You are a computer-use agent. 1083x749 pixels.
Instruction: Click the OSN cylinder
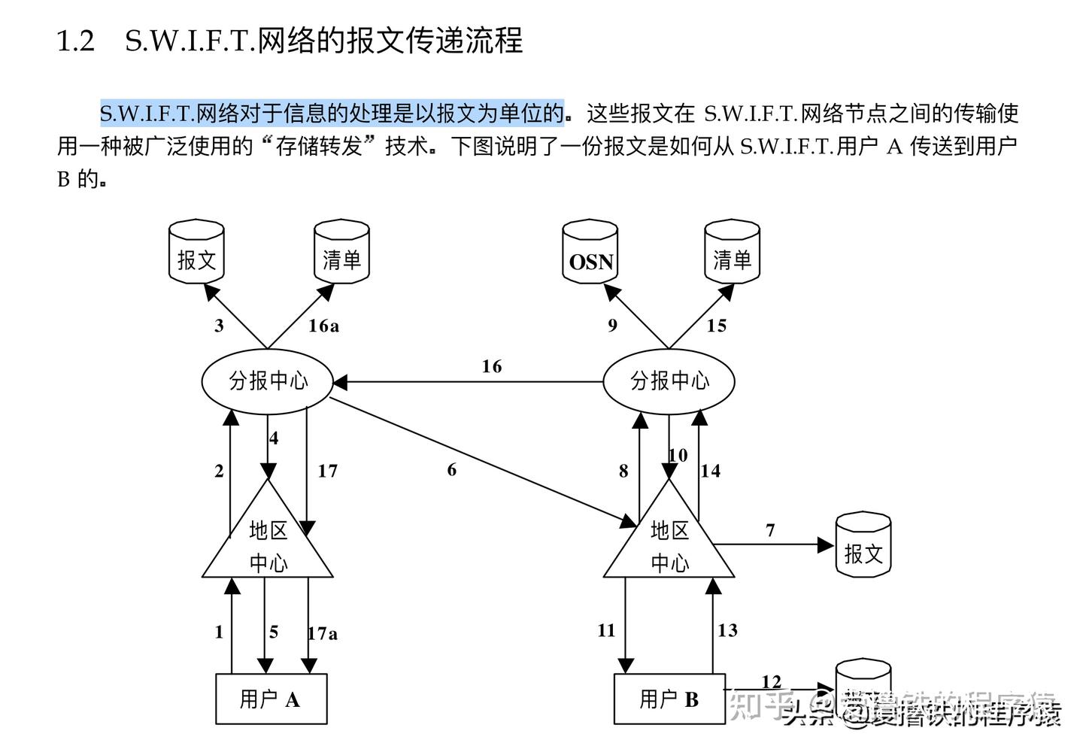tap(590, 253)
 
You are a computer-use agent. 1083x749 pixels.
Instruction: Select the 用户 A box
tap(271, 699)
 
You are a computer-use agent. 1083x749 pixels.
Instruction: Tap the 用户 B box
tap(669, 699)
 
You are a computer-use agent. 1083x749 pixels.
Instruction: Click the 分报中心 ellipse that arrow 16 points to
tap(268, 381)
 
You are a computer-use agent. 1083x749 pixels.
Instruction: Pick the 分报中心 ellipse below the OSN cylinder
tap(669, 381)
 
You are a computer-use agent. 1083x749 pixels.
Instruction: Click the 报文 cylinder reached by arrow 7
tap(863, 545)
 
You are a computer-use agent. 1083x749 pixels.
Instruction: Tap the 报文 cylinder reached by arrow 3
tap(196, 253)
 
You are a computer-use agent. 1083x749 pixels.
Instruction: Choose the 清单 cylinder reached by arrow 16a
tap(341, 253)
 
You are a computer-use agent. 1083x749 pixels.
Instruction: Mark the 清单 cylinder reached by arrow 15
tap(732, 253)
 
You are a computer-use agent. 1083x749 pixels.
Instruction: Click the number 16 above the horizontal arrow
tap(491, 366)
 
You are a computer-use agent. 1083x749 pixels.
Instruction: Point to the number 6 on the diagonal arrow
tap(451, 470)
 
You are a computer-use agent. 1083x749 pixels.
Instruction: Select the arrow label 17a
tap(323, 633)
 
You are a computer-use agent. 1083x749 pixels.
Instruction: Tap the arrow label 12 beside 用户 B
tap(771, 681)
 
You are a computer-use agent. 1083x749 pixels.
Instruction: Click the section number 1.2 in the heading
tap(76, 41)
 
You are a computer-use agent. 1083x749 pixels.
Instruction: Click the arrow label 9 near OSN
tap(612, 326)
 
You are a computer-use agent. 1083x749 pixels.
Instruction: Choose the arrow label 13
tap(727, 630)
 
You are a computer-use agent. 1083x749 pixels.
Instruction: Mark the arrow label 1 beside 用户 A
tap(219, 632)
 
